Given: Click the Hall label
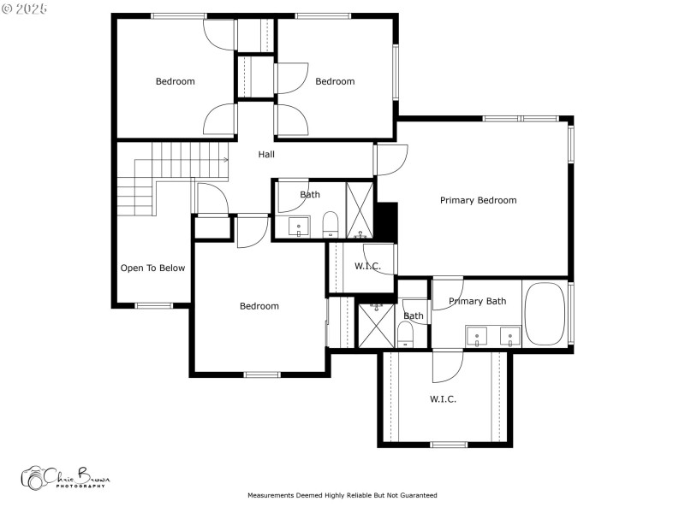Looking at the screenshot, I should tap(266, 155).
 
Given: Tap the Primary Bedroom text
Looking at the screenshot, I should tap(478, 200).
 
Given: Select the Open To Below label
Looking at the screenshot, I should tap(152, 268).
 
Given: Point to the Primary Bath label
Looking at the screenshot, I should tap(477, 301).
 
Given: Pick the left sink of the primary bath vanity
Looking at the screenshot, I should tap(476, 336).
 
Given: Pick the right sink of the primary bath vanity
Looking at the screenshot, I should tap(510, 336).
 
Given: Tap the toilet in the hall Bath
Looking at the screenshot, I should tap(331, 227).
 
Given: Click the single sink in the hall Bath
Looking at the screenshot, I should tap(299, 227).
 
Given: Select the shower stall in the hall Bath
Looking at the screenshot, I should tap(360, 209).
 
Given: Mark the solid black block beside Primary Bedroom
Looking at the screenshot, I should tap(387, 221).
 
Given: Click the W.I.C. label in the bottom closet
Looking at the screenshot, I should tap(443, 399).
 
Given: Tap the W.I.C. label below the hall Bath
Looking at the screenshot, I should tap(367, 266).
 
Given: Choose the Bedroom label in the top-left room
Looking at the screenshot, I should tap(175, 82).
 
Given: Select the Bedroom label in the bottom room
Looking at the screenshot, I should tap(259, 306).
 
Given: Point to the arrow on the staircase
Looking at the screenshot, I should tap(225, 159).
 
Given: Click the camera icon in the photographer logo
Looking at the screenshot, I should tap(33, 478).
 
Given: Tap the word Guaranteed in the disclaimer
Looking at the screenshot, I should tap(417, 495).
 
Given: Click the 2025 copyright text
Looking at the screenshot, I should tap(25, 8).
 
